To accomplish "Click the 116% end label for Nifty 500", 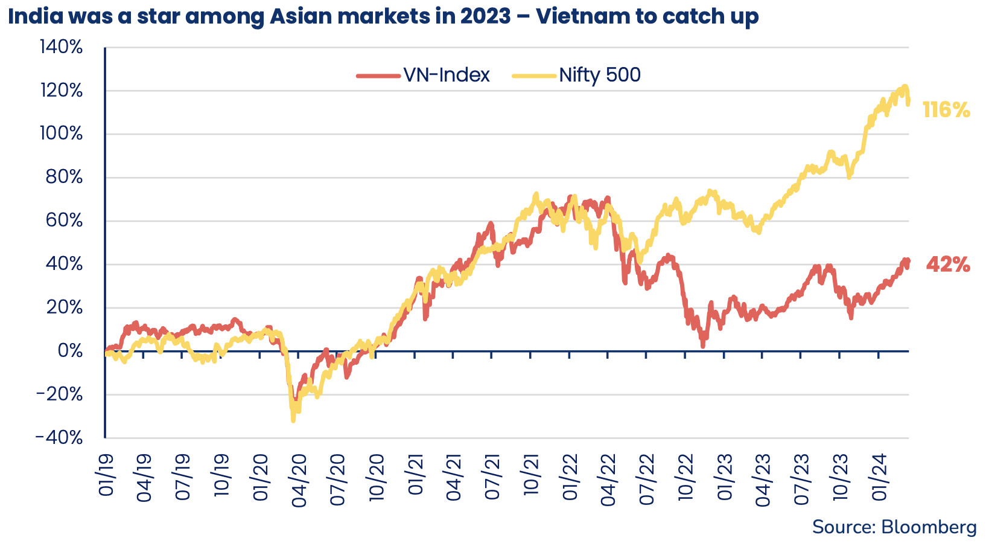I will (946, 110).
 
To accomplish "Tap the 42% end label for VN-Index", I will (948, 265).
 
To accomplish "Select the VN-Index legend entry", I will (423, 75).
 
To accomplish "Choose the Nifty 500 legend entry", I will (576, 75).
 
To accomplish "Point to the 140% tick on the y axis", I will (60, 47).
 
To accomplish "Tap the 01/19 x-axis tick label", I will (106, 480).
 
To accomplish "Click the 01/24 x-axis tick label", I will (879, 480).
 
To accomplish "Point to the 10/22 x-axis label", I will (685, 480).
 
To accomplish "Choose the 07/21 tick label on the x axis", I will (492, 480).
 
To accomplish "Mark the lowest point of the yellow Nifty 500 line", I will (293, 420).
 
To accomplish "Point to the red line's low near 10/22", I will (702, 346).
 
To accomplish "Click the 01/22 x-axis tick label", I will (570, 480).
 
